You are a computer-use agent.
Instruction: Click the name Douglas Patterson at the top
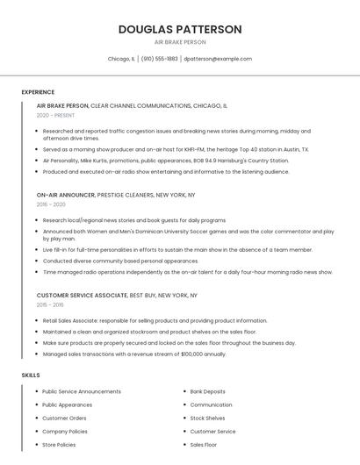[180, 29]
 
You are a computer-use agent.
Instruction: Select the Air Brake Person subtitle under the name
[180, 42]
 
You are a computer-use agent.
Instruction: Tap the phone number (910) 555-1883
[159, 59]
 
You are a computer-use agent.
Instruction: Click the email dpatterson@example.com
[218, 59]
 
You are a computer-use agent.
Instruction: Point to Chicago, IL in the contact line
[121, 59]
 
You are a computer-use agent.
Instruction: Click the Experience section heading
[38, 92]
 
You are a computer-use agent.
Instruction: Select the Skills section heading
[31, 375]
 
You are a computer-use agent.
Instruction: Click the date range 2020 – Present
[55, 115]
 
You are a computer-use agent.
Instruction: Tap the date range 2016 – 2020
[51, 204]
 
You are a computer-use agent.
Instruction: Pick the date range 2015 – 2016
[50, 305]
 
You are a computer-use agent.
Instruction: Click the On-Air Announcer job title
[66, 195]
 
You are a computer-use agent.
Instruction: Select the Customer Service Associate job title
[82, 296]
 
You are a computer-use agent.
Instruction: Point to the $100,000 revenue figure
[192, 354]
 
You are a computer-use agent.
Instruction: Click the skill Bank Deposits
[207, 391]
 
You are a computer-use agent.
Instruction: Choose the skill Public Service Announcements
[82, 391]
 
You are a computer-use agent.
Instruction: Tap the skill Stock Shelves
[207, 418]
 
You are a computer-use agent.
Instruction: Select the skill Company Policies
[65, 432]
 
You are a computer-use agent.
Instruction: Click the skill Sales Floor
[205, 445]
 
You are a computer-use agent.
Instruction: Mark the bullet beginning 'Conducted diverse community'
[120, 261]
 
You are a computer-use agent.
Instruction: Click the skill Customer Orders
[64, 418]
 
